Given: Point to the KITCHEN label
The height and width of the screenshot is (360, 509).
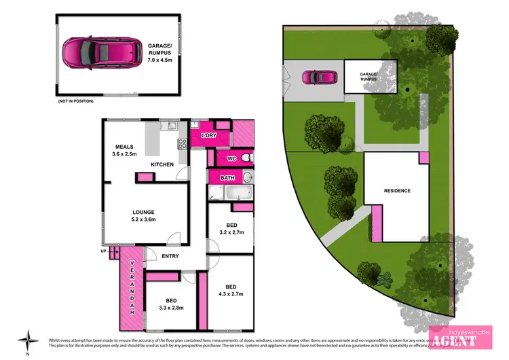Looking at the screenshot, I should [x=162, y=164].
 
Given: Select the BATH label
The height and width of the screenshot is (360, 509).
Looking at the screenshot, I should [x=228, y=178].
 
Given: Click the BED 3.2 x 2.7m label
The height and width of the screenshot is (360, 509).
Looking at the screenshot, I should [x=232, y=228].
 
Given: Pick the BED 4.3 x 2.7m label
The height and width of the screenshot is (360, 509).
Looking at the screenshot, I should [x=232, y=291].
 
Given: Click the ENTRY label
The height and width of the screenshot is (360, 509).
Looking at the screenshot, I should [x=170, y=256].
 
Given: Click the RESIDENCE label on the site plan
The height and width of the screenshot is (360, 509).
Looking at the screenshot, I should [x=397, y=191].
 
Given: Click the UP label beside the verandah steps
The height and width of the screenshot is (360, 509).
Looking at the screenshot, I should [x=104, y=250].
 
